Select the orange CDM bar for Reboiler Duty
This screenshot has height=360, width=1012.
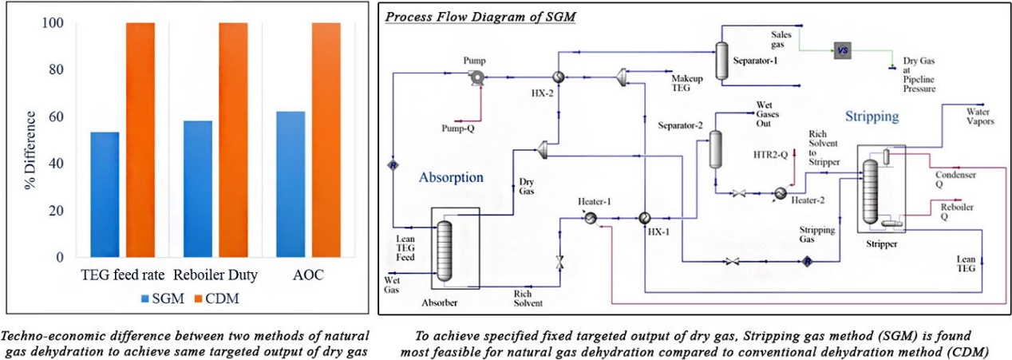pyautogui.click(x=233, y=140)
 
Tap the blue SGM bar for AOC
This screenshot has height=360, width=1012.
pyautogui.click(x=290, y=184)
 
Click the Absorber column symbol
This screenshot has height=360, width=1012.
pyautogui.click(x=444, y=249)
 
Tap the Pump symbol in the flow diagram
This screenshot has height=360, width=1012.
pyautogui.click(x=477, y=77)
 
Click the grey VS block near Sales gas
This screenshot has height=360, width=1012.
pyautogui.click(x=844, y=51)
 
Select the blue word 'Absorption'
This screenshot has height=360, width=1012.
pyautogui.click(x=451, y=176)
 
